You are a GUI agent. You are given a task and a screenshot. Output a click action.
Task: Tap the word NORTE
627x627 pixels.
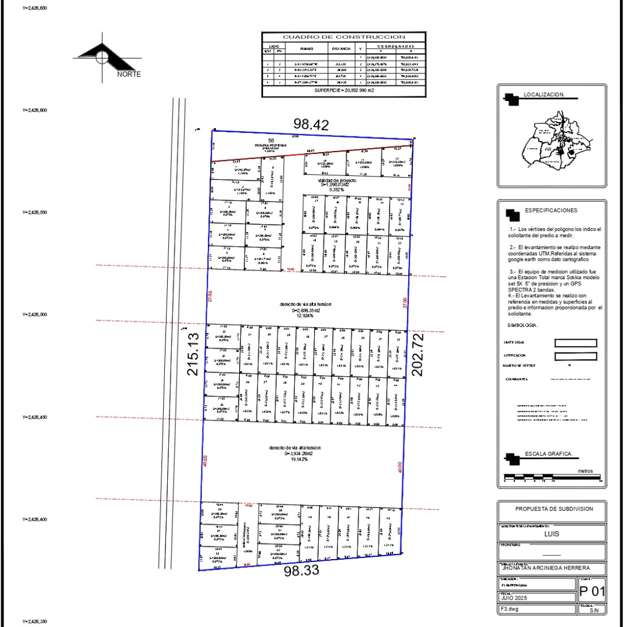coord(129,74)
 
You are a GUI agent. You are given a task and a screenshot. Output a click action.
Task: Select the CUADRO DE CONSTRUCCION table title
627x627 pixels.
coord(344,37)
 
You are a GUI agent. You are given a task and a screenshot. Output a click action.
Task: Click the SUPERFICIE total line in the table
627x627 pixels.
coord(344,91)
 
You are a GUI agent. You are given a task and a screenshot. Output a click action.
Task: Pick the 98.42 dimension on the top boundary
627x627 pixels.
coord(311,124)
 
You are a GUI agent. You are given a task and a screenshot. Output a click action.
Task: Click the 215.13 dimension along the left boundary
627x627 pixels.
coord(193,353)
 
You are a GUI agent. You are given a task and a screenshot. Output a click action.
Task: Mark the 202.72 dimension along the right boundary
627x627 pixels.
coord(417,354)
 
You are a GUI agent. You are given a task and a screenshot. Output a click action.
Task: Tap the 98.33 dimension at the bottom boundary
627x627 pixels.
coord(302,571)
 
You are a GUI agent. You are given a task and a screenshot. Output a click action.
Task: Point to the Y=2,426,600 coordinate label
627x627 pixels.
coord(34,110)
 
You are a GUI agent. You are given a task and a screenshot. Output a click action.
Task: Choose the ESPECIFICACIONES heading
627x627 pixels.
coord(552,210)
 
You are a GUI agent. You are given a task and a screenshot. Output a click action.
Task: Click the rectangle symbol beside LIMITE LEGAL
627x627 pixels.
coord(575,343)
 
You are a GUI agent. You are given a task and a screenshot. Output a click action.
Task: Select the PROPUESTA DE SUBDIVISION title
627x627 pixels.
coord(554,509)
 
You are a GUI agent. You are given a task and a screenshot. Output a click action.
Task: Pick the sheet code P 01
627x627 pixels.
coord(592,593)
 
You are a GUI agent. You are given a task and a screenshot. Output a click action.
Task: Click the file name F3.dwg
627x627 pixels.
coord(509,609)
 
